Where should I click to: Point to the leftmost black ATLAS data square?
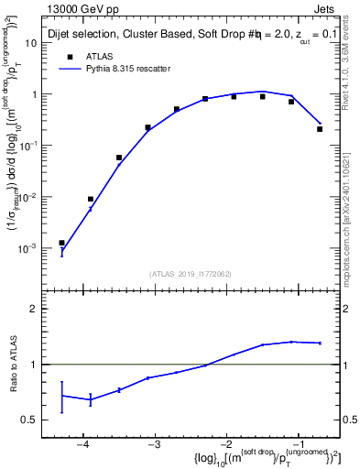click(62, 243)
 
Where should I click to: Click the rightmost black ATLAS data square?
click(320, 129)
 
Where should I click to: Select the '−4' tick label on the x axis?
click(82, 446)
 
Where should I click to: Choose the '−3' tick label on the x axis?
click(154, 446)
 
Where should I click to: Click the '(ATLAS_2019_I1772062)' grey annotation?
click(190, 274)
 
